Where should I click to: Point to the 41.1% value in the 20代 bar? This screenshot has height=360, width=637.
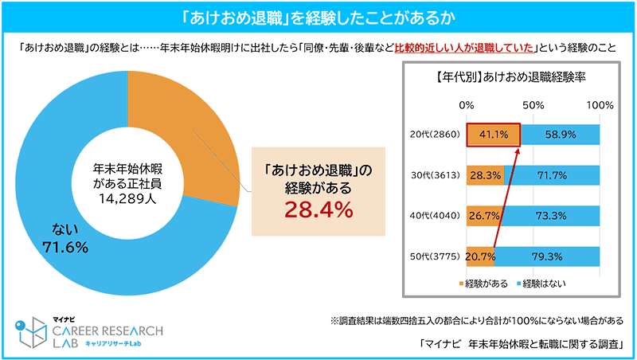tap(493, 135)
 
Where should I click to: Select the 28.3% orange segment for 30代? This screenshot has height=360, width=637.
tap(484, 174)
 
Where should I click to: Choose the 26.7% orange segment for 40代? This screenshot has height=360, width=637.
tap(483, 214)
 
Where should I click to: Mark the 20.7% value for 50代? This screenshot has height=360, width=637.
tap(481, 256)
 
